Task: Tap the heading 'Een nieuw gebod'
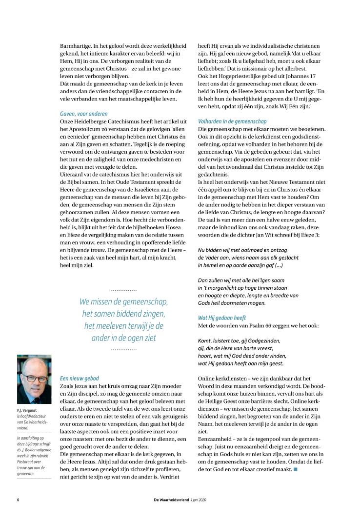[79, 378]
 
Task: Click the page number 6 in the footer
[18, 500]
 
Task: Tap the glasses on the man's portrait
[34, 377]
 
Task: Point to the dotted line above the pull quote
[124, 290]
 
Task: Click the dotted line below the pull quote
[124, 349]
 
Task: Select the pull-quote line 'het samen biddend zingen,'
[124, 313]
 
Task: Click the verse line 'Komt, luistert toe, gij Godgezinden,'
[239, 340]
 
